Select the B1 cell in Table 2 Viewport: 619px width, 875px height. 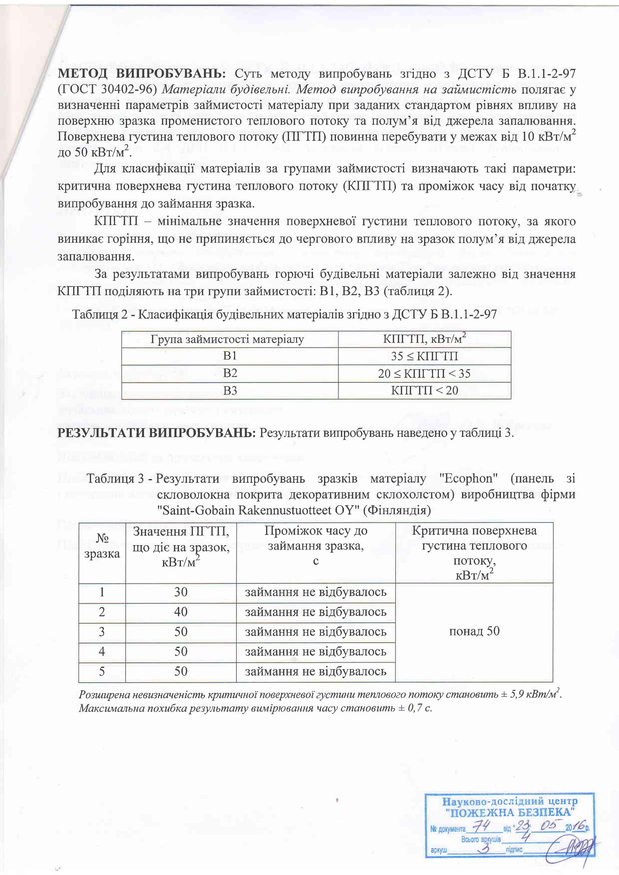pos(230,356)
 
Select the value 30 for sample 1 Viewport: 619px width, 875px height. pos(181,592)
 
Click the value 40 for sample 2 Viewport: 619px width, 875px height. pos(181,612)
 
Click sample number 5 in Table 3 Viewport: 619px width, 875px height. pos(102,671)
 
